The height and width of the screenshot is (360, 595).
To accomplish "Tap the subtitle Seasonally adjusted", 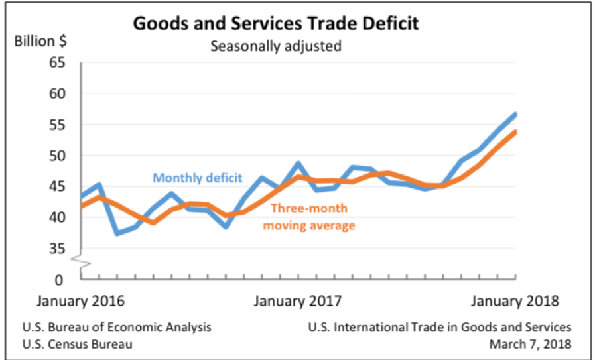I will [x=275, y=46].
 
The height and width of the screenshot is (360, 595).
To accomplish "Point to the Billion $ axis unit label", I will [x=40, y=41].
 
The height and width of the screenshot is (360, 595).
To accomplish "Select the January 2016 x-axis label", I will [x=80, y=301].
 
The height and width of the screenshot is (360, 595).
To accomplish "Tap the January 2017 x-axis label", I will [x=298, y=301].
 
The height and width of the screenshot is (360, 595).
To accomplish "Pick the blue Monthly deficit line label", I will [x=198, y=178].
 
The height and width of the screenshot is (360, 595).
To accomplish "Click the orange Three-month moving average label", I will [x=309, y=217].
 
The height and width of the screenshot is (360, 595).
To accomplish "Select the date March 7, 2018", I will [x=530, y=344].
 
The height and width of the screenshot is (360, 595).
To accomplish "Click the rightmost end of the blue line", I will [x=515, y=114].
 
